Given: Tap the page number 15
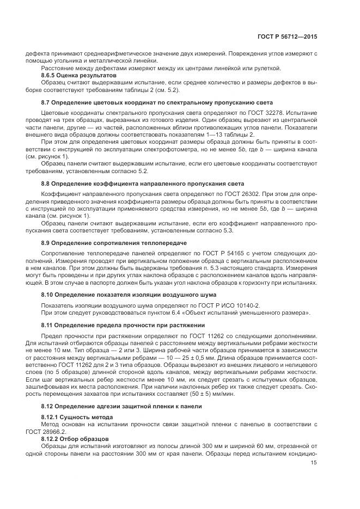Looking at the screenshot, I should [x=314, y=463].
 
